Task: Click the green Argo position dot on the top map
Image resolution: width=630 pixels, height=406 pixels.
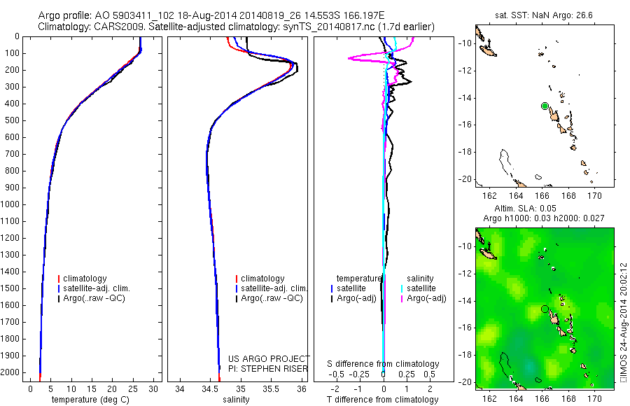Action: tap(545, 106)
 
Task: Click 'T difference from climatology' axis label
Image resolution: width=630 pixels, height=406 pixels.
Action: tap(384, 400)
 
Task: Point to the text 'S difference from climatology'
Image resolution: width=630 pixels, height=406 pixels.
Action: tap(384, 364)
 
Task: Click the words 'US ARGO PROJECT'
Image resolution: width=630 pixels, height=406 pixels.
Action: tap(269, 358)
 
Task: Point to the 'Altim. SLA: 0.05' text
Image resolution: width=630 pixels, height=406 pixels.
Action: tap(545, 210)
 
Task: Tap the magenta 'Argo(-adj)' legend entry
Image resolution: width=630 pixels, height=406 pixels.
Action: tap(426, 299)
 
